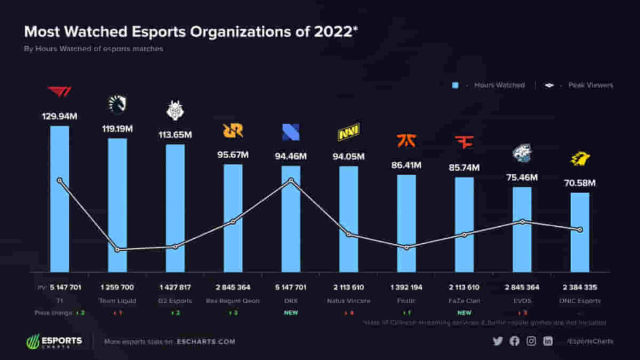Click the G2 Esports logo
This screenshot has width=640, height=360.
click(174, 110)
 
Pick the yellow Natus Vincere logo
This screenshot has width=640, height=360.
click(348, 133)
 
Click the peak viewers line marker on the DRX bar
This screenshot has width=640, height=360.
click(291, 181)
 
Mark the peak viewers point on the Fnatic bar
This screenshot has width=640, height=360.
click(406, 247)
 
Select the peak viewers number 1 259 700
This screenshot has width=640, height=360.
click(117, 287)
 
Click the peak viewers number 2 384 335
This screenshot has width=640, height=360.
click(580, 287)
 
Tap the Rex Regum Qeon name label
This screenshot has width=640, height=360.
click(232, 301)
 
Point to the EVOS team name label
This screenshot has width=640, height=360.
click(522, 301)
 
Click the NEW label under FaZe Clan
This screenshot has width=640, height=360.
click(464, 312)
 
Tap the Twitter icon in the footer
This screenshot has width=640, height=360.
click(497, 341)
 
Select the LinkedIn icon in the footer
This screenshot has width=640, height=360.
click(548, 341)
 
